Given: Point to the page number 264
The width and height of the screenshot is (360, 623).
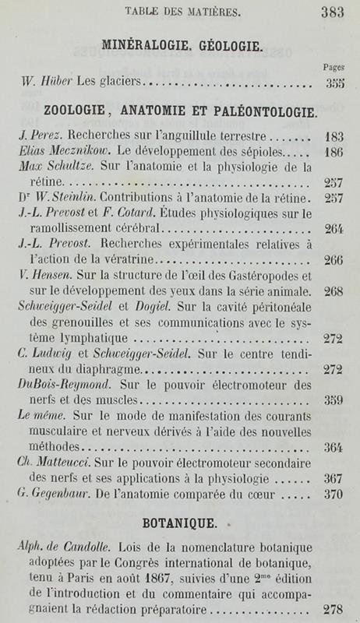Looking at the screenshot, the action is pyautogui.click(x=336, y=228).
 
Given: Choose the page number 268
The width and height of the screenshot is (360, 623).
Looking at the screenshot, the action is pyautogui.click(x=336, y=291).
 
